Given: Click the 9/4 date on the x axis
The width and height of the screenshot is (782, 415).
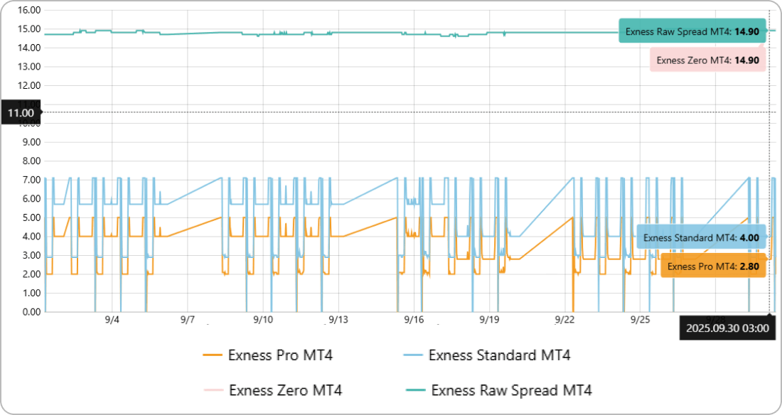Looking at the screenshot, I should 112,320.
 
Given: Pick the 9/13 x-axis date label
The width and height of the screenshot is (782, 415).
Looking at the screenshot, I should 338,320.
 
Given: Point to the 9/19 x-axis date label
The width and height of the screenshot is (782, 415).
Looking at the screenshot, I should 489,320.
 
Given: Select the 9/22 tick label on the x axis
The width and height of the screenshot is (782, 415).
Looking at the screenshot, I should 564,320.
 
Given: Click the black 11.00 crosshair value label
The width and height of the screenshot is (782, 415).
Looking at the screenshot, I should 21,112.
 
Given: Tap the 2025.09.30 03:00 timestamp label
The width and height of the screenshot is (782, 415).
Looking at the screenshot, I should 726,328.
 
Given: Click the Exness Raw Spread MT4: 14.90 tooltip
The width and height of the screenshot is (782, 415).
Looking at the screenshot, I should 692,31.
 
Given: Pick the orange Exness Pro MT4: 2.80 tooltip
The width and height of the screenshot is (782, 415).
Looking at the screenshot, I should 713,266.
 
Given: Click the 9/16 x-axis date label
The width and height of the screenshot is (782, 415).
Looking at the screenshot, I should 414,320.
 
